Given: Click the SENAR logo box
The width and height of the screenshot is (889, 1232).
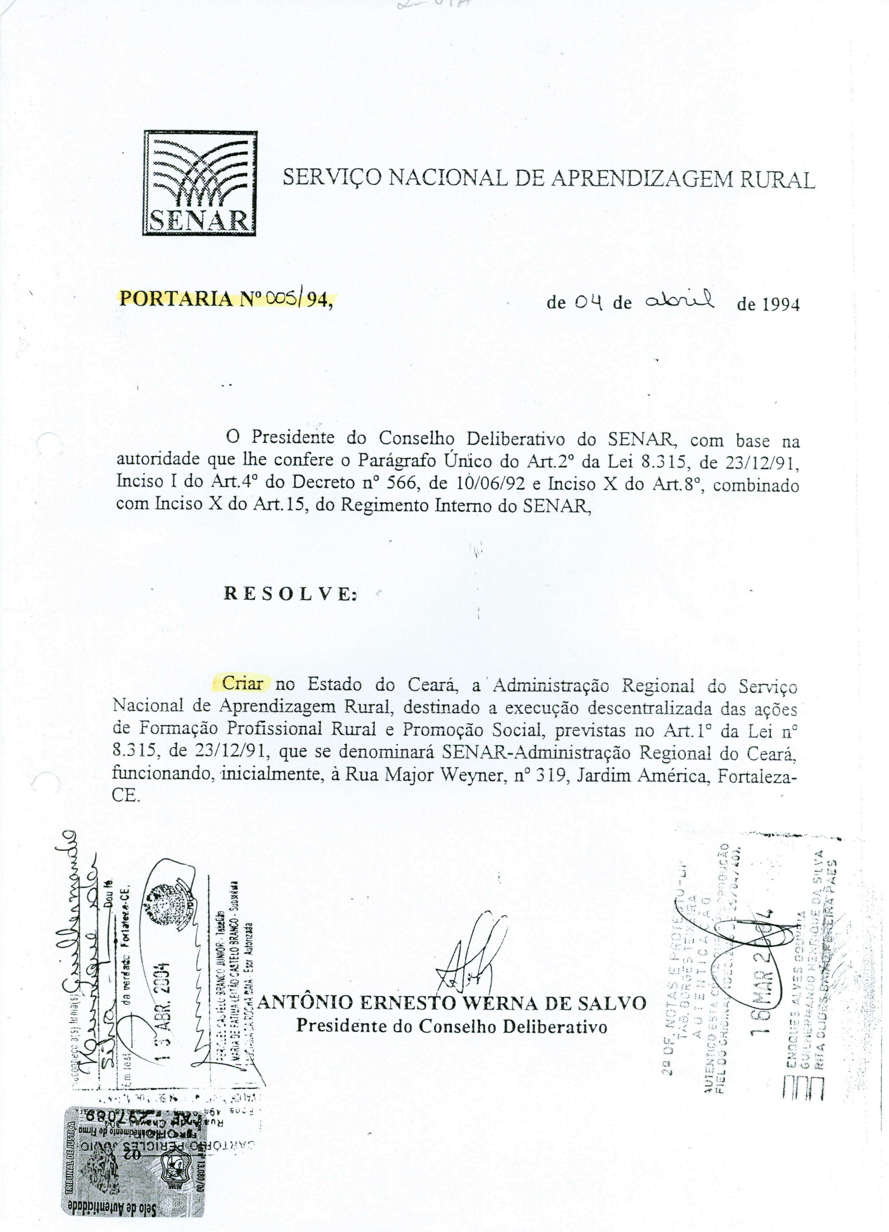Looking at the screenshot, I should pyautogui.click(x=199, y=184).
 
